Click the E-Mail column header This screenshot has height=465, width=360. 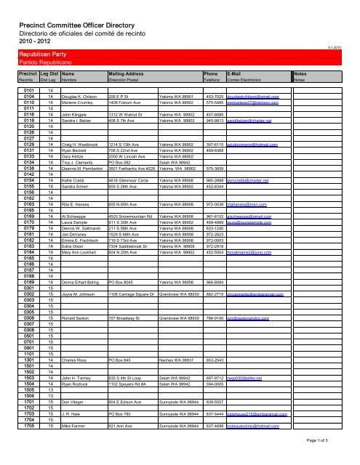234,74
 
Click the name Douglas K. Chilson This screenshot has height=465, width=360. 81,97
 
